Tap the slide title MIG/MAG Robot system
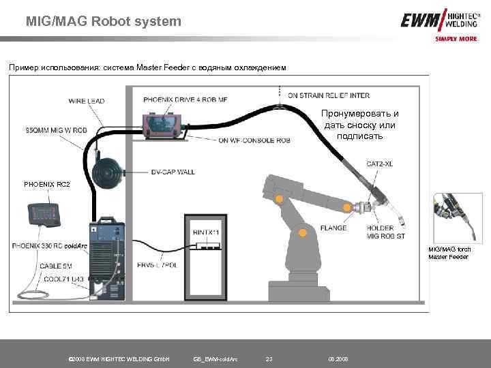coord(104,21)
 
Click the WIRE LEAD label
coord(87,102)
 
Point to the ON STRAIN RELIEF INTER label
coord(329,95)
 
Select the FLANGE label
coord(333,228)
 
